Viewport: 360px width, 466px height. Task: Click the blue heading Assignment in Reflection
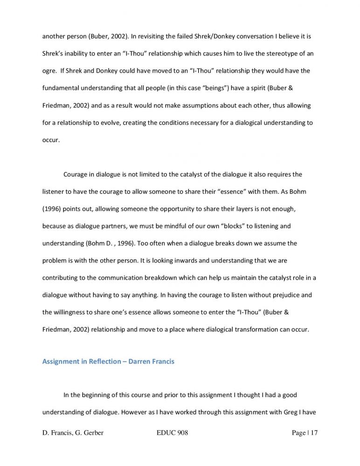tap(82, 362)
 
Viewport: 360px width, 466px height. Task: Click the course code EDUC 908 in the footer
tap(173, 433)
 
